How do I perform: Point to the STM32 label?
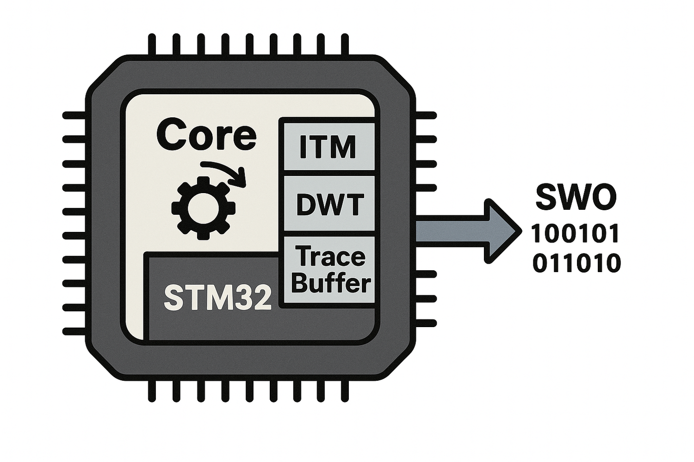(217, 298)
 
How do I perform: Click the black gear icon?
(201, 208)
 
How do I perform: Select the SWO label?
(576, 197)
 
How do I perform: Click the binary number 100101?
(575, 234)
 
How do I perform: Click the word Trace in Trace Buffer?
(330, 257)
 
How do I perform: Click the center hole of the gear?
(201, 208)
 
